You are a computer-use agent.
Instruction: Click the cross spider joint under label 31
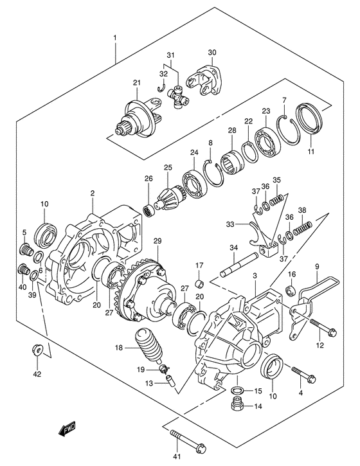[178, 96]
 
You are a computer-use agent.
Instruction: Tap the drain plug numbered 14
[237, 406]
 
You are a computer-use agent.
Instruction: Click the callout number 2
[92, 192]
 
